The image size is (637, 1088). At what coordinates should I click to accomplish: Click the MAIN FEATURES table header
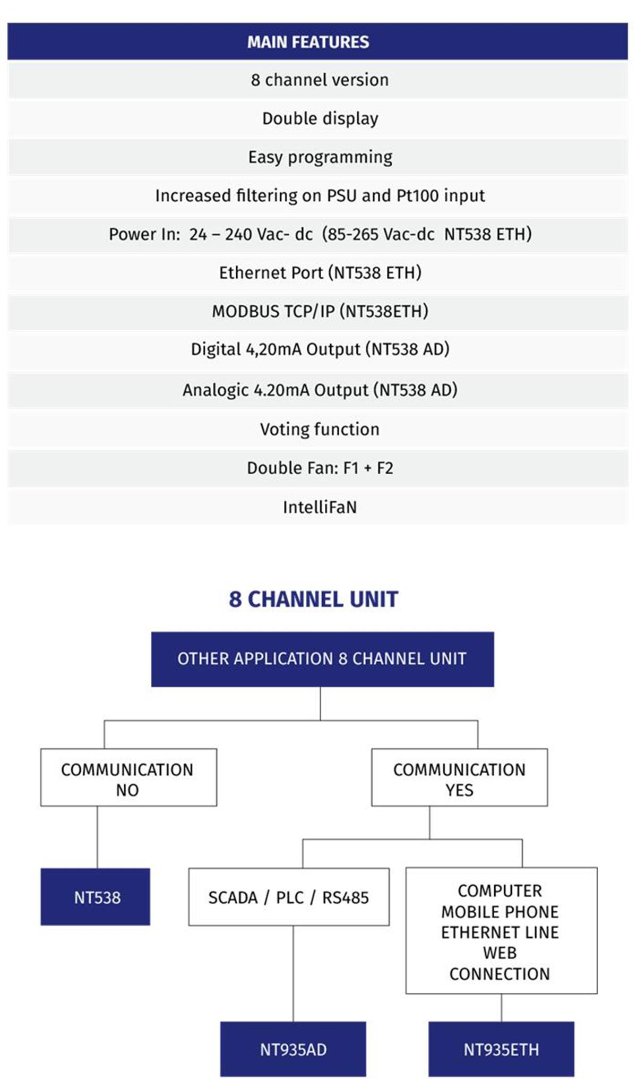(x=317, y=41)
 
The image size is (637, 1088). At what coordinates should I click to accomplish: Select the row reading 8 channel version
(x=317, y=80)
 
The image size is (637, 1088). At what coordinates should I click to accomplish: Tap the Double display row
(x=317, y=118)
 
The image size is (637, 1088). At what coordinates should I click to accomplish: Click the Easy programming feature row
(x=317, y=157)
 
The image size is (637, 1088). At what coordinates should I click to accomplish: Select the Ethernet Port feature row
(x=317, y=272)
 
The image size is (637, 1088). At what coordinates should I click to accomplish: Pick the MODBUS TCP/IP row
(x=317, y=311)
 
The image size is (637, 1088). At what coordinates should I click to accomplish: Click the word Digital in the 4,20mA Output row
(x=216, y=349)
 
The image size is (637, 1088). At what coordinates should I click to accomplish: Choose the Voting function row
(x=317, y=429)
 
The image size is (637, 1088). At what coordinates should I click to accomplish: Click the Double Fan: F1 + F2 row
(x=317, y=468)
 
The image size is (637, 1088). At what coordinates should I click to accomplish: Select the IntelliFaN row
(x=317, y=507)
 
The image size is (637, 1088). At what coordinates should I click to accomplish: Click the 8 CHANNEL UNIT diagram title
(x=313, y=599)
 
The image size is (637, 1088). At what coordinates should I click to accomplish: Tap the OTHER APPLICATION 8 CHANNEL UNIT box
(x=322, y=659)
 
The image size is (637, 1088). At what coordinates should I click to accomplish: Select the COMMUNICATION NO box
(x=128, y=777)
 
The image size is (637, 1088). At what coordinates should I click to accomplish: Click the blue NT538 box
(x=96, y=897)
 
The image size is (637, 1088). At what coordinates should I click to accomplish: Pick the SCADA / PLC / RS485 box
(x=289, y=897)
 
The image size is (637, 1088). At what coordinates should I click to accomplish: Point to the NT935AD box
(x=293, y=1049)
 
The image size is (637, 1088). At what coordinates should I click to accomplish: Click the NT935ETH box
(x=501, y=1049)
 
